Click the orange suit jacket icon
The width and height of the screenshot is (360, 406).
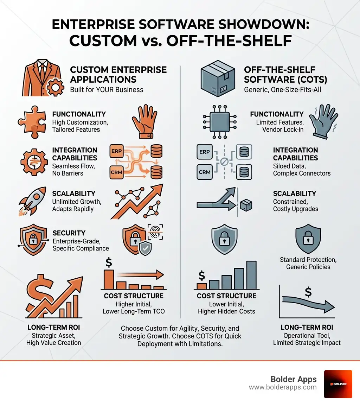pos(41,78)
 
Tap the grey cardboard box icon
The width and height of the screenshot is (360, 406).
pos(218,78)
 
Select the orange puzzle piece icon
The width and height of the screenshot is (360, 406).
pos(32,122)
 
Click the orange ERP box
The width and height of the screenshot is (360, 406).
pos(116,151)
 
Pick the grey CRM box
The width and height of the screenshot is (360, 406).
pos(205,172)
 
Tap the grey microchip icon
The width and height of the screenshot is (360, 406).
pos(220,122)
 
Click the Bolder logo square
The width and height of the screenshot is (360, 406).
pos(338,384)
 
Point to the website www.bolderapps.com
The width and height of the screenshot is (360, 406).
pos(283,387)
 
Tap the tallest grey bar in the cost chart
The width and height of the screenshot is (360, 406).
pos(251,275)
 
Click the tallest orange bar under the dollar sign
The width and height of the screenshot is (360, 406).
pos(109,279)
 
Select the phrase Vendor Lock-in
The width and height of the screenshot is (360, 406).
pos(283,129)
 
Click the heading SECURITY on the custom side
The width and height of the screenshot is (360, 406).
pos(69,233)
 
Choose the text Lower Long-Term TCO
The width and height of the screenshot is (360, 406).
pos(134,311)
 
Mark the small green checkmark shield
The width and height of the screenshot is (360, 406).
pos(145,249)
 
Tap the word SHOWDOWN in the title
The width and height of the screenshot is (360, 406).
pos(263,24)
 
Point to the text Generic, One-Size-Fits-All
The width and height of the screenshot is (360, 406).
pos(282,90)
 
